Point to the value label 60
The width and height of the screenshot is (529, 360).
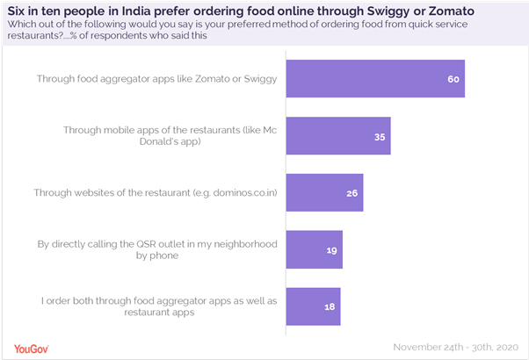(x=453, y=79)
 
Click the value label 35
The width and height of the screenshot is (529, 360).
(x=379, y=136)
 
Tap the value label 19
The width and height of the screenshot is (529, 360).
(x=330, y=249)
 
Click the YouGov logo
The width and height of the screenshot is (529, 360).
(x=31, y=346)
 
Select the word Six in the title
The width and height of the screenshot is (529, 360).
(x=17, y=11)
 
